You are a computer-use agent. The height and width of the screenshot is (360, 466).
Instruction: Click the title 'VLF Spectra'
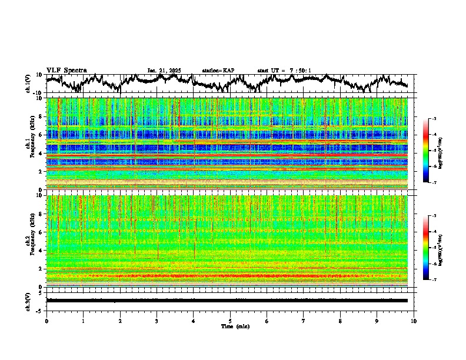[66, 70]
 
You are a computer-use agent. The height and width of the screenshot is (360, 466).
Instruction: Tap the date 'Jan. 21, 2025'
[164, 71]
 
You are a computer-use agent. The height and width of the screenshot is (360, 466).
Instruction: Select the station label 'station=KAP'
[218, 71]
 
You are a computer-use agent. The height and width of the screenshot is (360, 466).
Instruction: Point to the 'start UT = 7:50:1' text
[284, 71]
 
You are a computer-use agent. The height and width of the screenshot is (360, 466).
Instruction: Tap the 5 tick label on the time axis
[230, 321]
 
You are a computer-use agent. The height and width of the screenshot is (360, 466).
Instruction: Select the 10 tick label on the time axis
[414, 321]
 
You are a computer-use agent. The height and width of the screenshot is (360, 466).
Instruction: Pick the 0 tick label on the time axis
[46, 321]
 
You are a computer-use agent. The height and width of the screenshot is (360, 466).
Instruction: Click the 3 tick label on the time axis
[157, 321]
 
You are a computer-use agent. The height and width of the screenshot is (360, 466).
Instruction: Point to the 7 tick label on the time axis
[304, 321]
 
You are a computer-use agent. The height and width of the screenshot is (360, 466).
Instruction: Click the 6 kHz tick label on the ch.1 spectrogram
[40, 135]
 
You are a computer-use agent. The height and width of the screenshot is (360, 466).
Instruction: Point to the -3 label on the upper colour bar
[434, 119]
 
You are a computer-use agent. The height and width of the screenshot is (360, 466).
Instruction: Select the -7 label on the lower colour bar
[434, 280]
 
